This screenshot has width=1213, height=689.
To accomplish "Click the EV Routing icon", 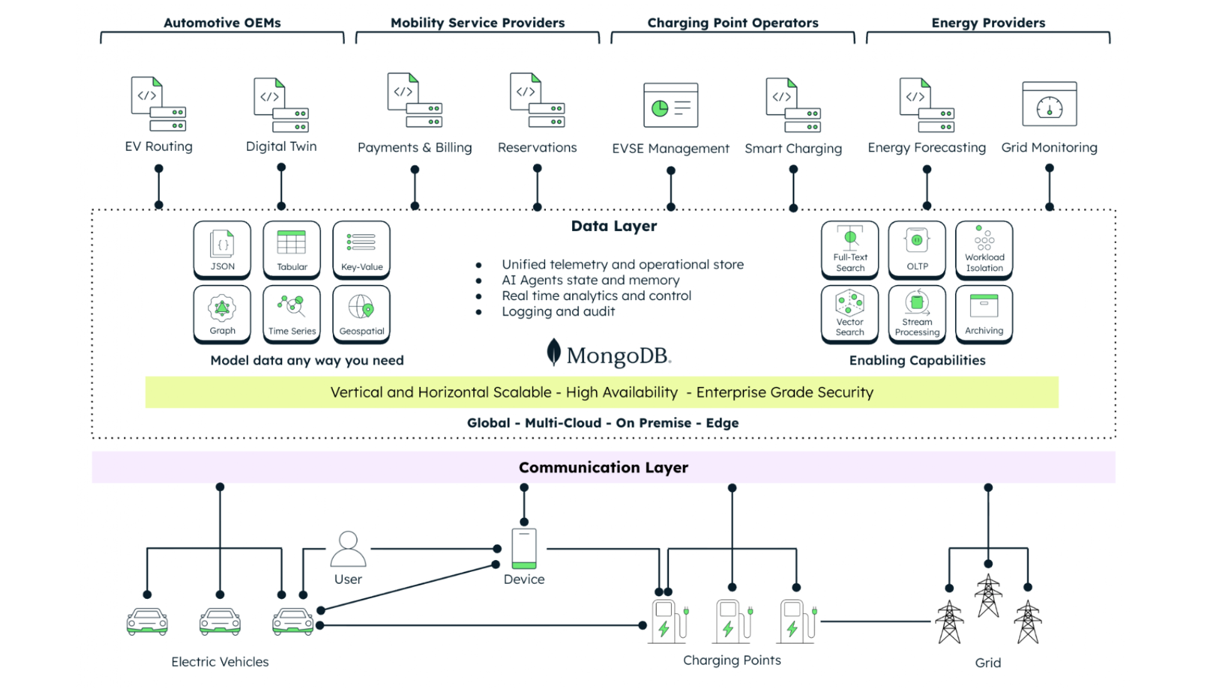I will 158,104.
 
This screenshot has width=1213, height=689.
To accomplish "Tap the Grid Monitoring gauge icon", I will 1049,105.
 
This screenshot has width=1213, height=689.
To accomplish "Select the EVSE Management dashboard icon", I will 670,105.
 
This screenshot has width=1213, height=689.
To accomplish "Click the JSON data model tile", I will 222,249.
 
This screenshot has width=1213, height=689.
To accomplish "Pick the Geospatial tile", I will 361,314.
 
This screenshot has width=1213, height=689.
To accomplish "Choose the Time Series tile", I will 292,314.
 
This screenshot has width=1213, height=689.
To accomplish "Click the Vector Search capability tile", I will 849,314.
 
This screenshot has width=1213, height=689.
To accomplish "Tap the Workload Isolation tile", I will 984,249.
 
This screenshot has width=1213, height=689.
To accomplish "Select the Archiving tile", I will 984,314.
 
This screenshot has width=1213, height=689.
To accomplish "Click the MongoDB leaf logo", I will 553,352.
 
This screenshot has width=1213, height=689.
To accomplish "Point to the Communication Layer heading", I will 603,467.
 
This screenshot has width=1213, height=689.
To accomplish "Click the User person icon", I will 348,549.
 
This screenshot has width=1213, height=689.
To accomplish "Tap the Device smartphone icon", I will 524,549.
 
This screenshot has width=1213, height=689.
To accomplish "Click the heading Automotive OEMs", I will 222,23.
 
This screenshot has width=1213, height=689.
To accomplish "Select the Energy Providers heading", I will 988,23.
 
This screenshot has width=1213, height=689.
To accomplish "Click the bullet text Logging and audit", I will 558,311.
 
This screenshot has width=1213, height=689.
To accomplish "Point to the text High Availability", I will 622,392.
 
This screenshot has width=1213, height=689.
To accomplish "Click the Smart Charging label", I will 793,148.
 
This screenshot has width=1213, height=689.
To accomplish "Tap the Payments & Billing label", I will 414,147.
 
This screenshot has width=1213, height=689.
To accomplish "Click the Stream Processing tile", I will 917,314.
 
